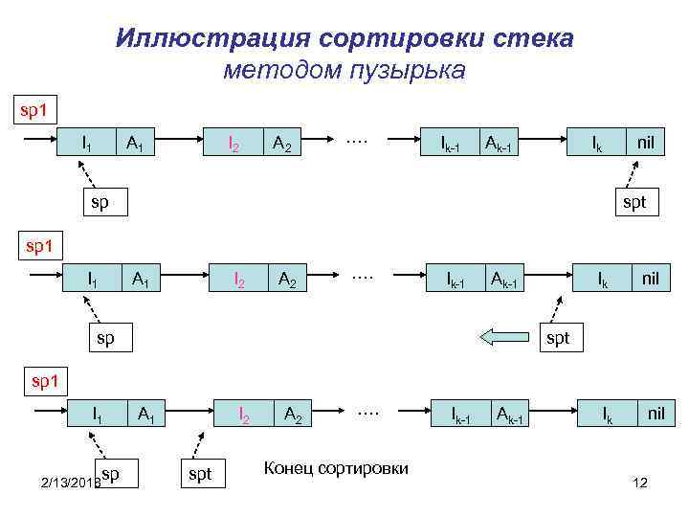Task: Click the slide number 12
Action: click(640, 483)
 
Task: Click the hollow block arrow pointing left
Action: click(498, 336)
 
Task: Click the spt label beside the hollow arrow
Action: click(557, 338)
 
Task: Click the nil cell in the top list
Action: click(646, 143)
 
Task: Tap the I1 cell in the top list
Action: click(87, 144)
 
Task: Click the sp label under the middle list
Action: click(104, 338)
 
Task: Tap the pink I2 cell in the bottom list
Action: click(246, 415)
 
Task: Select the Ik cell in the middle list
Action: click(604, 279)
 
